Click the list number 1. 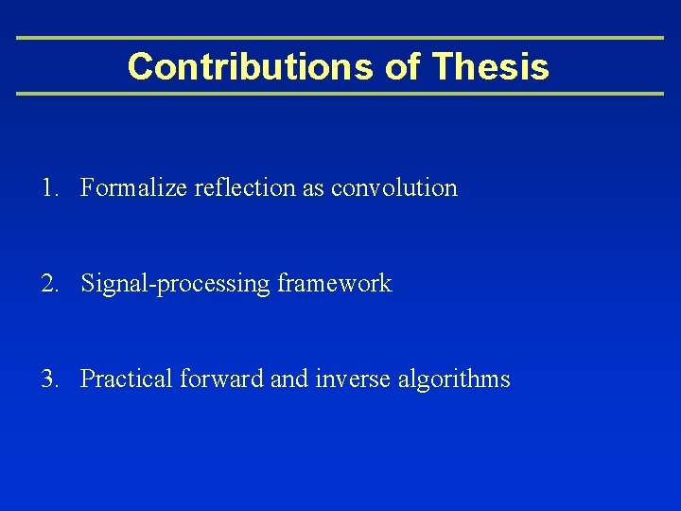point(48,188)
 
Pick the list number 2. point(48,284)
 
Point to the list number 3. point(48,379)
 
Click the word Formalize point(133,188)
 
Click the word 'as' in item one point(313,188)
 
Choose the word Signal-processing point(176,284)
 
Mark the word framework point(335,284)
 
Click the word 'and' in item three point(288,379)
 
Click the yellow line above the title point(340,38)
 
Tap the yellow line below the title point(340,94)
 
